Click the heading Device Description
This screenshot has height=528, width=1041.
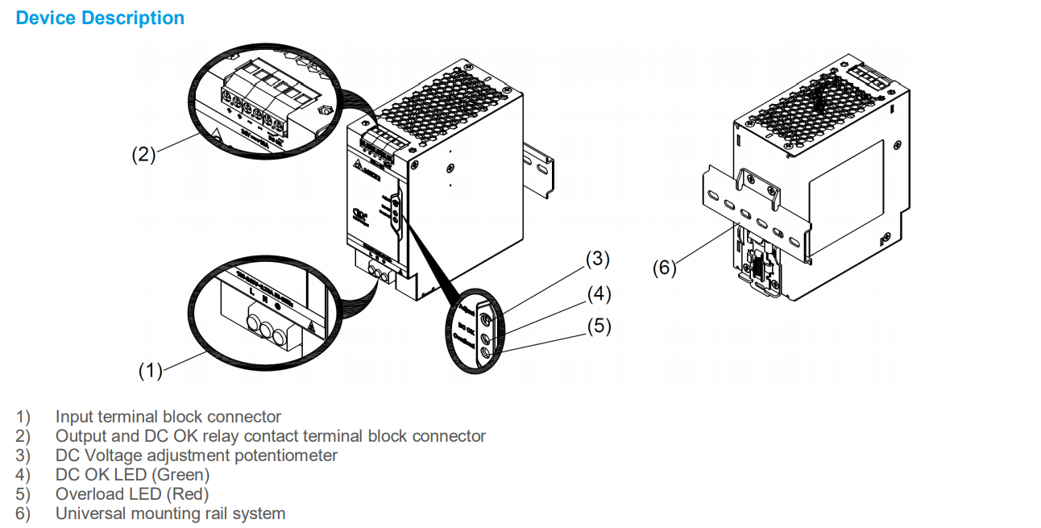100,18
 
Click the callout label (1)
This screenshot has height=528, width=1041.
150,370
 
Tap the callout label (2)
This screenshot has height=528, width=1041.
143,155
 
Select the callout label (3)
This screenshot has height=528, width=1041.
597,259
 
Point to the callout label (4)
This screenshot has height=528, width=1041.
597,293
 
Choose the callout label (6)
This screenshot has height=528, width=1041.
664,268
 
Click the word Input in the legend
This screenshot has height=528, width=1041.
74,417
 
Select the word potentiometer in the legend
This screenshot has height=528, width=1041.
288,455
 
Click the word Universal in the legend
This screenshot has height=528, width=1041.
89,513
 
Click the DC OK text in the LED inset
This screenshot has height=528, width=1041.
465,329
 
